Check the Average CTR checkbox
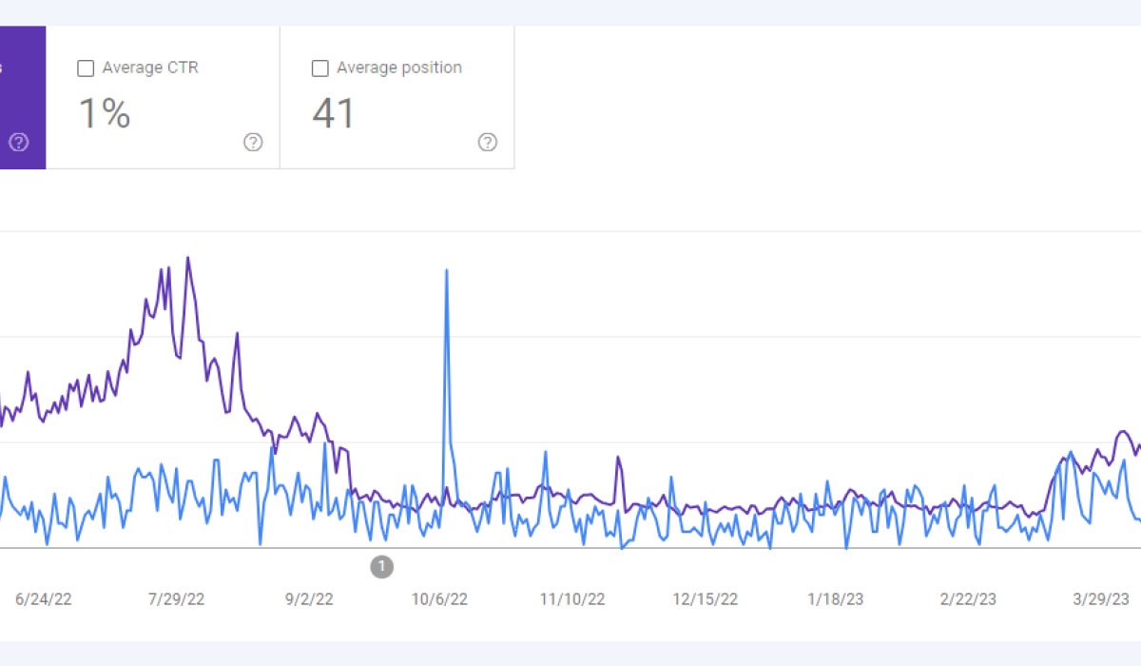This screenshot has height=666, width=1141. [86, 69]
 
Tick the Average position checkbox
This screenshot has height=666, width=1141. [320, 69]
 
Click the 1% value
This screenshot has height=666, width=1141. [104, 114]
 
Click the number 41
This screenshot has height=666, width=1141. [334, 114]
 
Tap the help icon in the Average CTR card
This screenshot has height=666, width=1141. [253, 143]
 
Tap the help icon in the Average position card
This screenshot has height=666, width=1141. [488, 143]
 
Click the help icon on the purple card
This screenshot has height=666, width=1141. [19, 143]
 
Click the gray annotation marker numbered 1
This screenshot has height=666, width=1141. [381, 567]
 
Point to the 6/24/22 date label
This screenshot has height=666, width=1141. [44, 599]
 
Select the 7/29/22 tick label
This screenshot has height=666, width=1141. [176, 599]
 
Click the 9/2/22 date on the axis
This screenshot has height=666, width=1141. [309, 599]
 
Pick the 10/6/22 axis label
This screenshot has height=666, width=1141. [439, 599]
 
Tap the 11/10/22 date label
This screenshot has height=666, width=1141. [572, 599]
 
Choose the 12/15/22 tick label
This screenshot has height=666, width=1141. [705, 599]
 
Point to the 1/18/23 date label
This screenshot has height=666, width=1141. [836, 599]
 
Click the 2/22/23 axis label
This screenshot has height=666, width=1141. [968, 599]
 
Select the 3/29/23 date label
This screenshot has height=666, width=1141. [1100, 599]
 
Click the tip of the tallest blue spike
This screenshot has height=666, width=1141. [447, 271]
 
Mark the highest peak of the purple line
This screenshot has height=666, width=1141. [188, 258]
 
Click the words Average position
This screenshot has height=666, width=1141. [399, 68]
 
